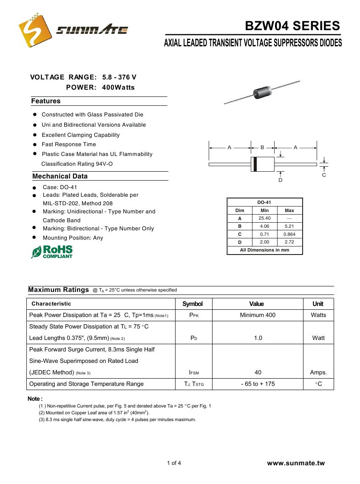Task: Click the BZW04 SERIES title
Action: tap(292, 26)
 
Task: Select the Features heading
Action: tap(46, 101)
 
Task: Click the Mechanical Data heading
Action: tap(60, 176)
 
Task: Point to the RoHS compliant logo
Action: tap(52, 252)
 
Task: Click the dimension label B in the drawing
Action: tap(262, 147)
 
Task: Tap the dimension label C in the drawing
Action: tap(324, 175)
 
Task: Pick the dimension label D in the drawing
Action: tap(281, 180)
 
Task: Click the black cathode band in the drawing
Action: tap(254, 164)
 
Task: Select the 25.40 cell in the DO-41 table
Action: tap(264, 218)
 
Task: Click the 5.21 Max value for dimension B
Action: tap(289, 226)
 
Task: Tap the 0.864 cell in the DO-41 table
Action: tap(289, 234)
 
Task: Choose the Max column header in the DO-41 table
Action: tap(289, 211)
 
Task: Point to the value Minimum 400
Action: tap(258, 315)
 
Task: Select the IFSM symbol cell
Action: tap(194, 373)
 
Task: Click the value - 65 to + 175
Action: tap(258, 384)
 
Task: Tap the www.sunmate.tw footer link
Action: tap(296, 463)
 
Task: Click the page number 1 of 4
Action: tap(174, 463)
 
